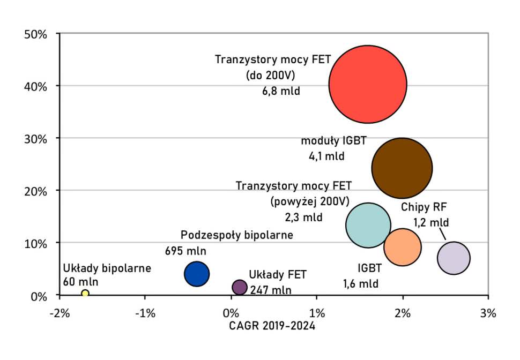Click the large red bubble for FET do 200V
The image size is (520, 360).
368,84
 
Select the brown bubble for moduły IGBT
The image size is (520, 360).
402,168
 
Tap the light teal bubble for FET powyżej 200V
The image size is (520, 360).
368,225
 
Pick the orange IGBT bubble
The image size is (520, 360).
402,247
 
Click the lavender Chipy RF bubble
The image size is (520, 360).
454,258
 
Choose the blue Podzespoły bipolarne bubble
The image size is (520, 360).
197,274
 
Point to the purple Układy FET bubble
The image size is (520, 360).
240,287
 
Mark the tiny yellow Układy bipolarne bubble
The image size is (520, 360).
85,293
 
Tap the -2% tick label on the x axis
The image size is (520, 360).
59,312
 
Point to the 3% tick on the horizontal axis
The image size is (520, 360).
488,312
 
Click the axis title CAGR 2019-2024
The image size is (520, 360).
272,326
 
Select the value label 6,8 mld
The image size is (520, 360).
281,91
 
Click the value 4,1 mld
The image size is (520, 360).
326,157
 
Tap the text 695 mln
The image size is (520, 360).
185,250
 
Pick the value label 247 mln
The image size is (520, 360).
271,290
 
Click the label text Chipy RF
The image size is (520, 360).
424,207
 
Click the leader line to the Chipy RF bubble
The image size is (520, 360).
443,234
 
